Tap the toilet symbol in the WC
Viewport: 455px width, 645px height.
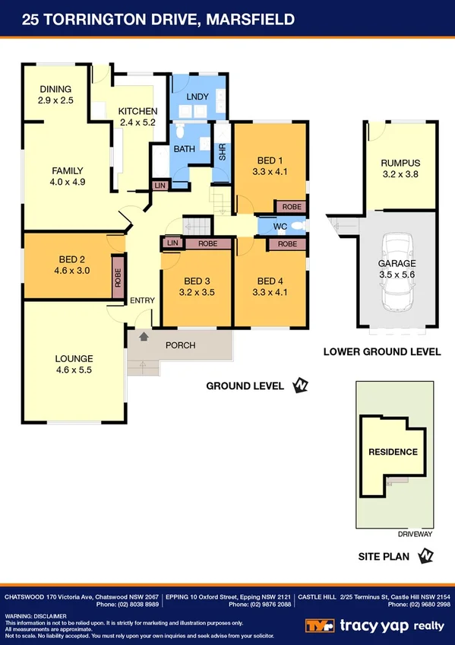(x=299, y=226)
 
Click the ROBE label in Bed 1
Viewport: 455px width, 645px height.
(x=291, y=206)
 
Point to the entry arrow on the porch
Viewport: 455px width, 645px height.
(x=144, y=335)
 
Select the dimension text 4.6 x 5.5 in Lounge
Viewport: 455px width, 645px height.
(x=74, y=371)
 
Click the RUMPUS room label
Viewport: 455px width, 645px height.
(x=400, y=163)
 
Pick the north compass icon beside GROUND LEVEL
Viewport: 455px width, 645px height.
(x=301, y=386)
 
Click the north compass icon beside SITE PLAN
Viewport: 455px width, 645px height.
(x=426, y=557)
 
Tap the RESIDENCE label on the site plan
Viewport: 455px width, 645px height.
(x=393, y=452)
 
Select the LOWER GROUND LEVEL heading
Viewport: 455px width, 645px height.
(x=381, y=351)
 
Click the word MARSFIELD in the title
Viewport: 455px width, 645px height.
(x=249, y=18)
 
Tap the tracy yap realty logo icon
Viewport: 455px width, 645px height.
(x=319, y=625)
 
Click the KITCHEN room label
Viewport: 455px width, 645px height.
(x=137, y=111)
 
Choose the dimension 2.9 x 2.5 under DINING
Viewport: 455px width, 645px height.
(x=55, y=100)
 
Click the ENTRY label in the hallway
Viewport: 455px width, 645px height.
(x=142, y=300)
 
